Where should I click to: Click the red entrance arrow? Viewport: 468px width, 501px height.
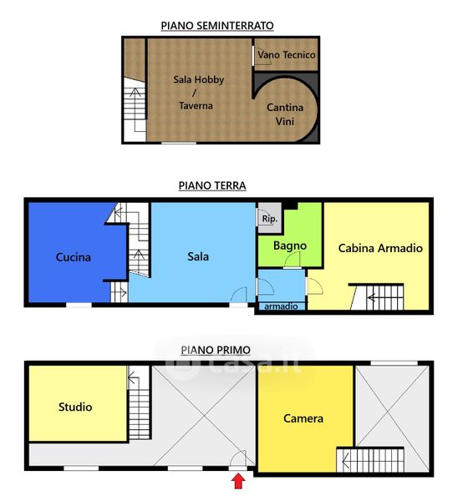click(x=238, y=481)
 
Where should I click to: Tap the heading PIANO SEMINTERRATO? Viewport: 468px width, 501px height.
click(x=217, y=26)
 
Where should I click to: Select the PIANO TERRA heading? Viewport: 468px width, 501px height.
click(x=212, y=185)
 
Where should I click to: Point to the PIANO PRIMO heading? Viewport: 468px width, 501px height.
click(x=216, y=350)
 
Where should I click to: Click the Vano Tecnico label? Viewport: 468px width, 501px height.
click(x=287, y=55)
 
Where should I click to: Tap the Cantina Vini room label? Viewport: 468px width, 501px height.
click(x=285, y=114)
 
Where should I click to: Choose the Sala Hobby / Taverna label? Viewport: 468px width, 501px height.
click(x=198, y=93)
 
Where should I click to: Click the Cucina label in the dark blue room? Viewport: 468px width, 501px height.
click(x=74, y=257)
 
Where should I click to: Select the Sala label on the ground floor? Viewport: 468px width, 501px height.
click(x=198, y=256)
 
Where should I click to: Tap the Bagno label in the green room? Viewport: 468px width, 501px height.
click(x=290, y=245)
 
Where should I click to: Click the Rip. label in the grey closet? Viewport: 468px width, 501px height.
click(x=269, y=219)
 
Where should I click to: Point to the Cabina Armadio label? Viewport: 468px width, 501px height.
click(x=380, y=248)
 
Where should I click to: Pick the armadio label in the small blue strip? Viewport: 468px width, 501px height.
click(x=281, y=306)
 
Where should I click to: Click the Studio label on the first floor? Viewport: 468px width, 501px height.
click(x=75, y=407)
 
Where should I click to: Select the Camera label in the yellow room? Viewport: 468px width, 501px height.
click(x=303, y=418)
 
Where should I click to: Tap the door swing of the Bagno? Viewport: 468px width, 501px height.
click(x=292, y=260)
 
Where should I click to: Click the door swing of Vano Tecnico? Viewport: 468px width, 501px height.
click(x=262, y=56)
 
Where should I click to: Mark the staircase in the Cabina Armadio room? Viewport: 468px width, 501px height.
click(x=377, y=296)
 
